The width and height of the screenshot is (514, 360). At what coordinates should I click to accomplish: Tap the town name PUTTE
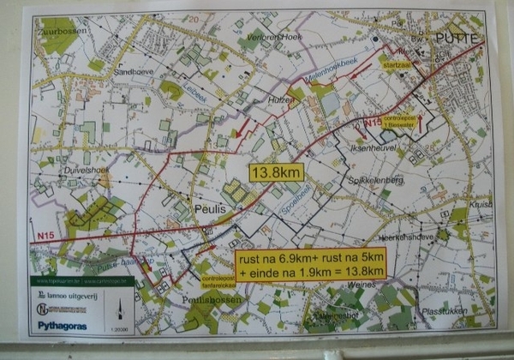[x=458, y=39]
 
